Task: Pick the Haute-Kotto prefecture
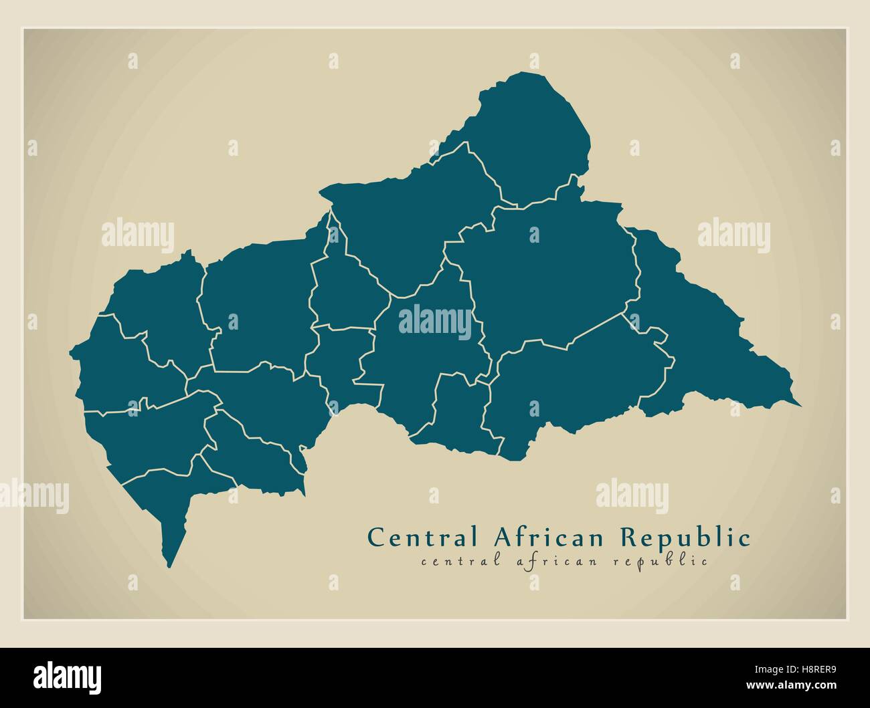tap(549, 274)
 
